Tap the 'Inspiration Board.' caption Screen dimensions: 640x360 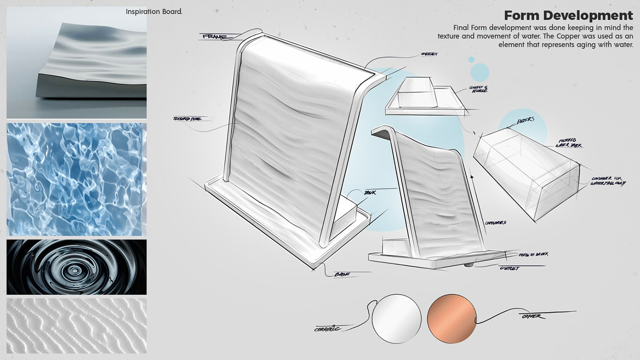point(154,11)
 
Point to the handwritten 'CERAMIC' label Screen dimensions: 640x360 point(328,328)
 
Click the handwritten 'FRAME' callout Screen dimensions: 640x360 point(214,36)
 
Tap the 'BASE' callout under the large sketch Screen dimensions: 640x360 point(341,274)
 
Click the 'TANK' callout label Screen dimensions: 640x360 point(370,193)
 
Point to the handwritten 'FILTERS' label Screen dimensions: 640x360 point(526,120)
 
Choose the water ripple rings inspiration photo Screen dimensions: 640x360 point(76,267)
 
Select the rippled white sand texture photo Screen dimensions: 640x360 point(76,326)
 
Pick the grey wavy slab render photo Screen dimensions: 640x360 point(76,63)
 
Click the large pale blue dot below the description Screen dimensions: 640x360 point(480,72)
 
